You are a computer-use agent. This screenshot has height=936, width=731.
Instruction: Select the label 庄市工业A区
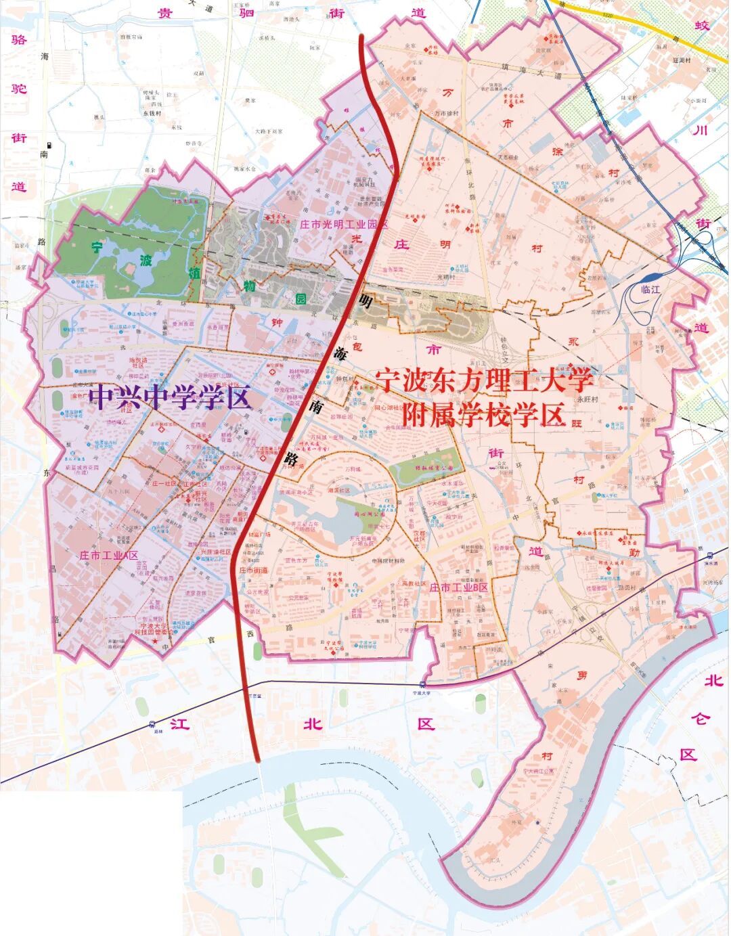point(108,556)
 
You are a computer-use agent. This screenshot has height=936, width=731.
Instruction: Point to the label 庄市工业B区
point(458,588)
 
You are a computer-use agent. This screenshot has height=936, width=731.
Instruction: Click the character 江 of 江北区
point(177,724)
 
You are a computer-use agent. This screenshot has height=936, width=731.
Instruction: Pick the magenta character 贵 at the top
point(163,13)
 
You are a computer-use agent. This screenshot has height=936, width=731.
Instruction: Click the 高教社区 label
point(414,583)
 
